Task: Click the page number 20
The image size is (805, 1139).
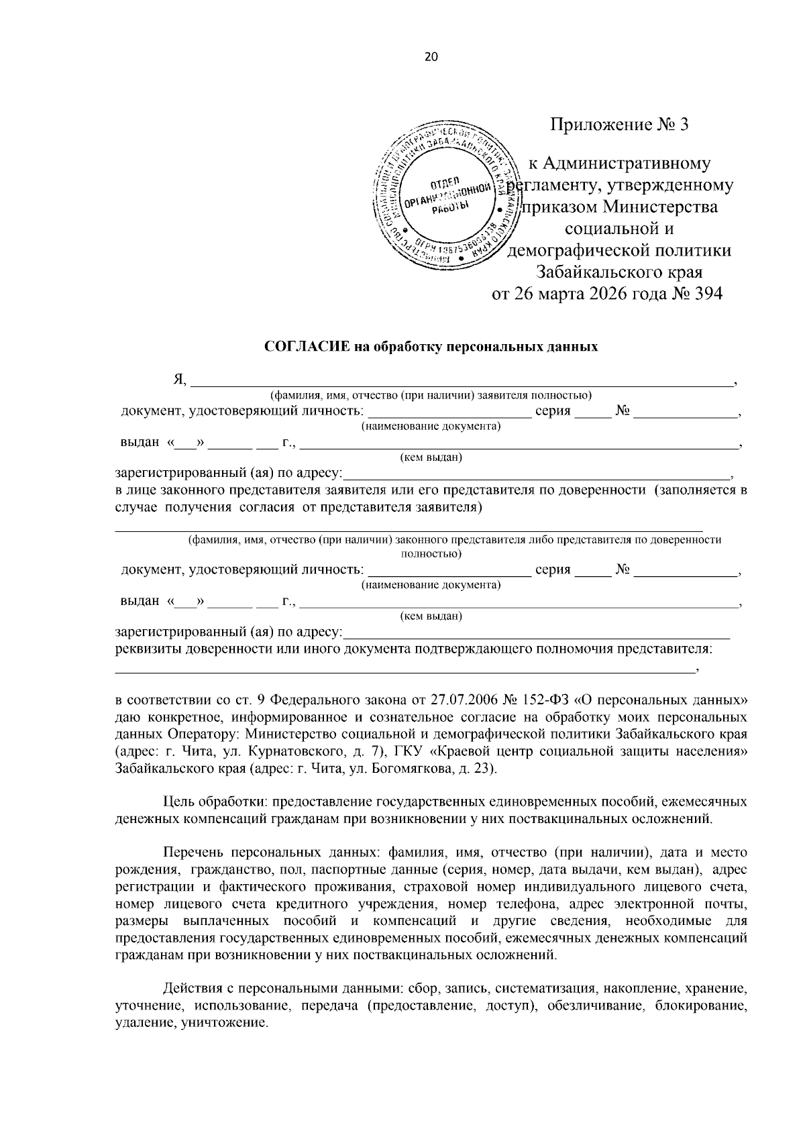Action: [x=431, y=57]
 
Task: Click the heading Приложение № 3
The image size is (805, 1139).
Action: [x=619, y=125]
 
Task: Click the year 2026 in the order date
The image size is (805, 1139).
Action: [x=601, y=294]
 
